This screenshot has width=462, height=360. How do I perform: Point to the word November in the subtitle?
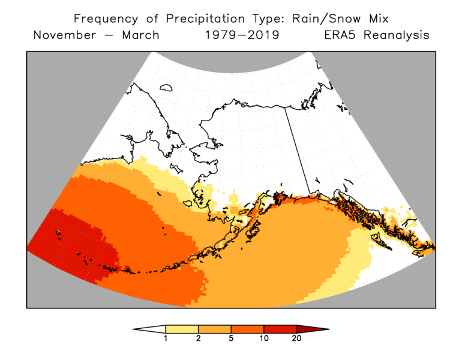(x=64, y=35)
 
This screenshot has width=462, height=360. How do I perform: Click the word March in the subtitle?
(x=141, y=35)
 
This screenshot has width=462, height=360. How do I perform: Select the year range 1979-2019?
(x=242, y=35)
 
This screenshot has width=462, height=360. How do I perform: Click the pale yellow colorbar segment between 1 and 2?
(x=182, y=329)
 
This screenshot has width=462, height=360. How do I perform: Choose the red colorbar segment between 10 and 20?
(x=280, y=329)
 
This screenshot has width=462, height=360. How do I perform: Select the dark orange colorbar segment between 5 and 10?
(x=247, y=329)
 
